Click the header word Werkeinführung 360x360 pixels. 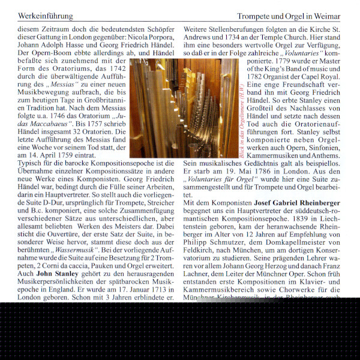[46, 16]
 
